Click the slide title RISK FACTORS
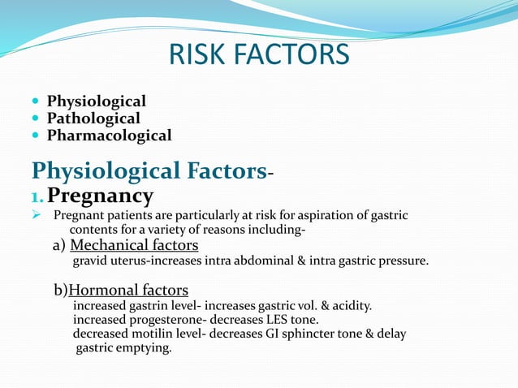259,54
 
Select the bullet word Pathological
93,119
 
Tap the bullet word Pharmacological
109,136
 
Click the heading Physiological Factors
149,171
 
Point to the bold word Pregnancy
100,196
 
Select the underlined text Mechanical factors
134,245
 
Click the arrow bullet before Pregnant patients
36,216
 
